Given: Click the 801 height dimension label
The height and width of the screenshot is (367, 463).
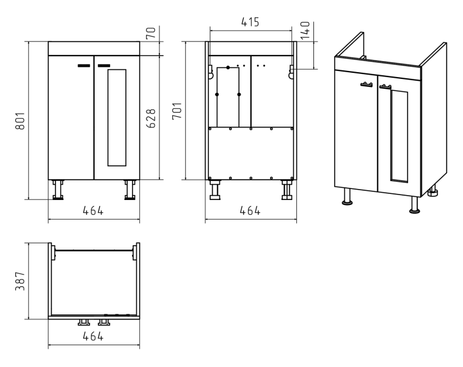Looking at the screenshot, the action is (20, 121).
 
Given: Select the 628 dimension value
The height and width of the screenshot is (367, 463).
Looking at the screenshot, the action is (151, 118).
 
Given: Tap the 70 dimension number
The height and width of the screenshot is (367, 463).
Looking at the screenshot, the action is (151, 32).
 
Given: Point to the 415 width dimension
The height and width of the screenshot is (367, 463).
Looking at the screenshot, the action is (250, 22).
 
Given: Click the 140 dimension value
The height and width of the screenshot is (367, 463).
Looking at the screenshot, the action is (305, 30).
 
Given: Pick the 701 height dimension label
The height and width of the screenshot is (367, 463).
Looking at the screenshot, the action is (177, 111).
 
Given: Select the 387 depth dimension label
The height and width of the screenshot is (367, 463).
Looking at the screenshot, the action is (20, 281).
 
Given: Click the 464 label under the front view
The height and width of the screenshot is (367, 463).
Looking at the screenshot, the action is (93, 211).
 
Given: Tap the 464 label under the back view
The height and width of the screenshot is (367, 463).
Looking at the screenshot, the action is (250, 211).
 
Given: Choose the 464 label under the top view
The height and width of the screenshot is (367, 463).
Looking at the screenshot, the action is (93, 336).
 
